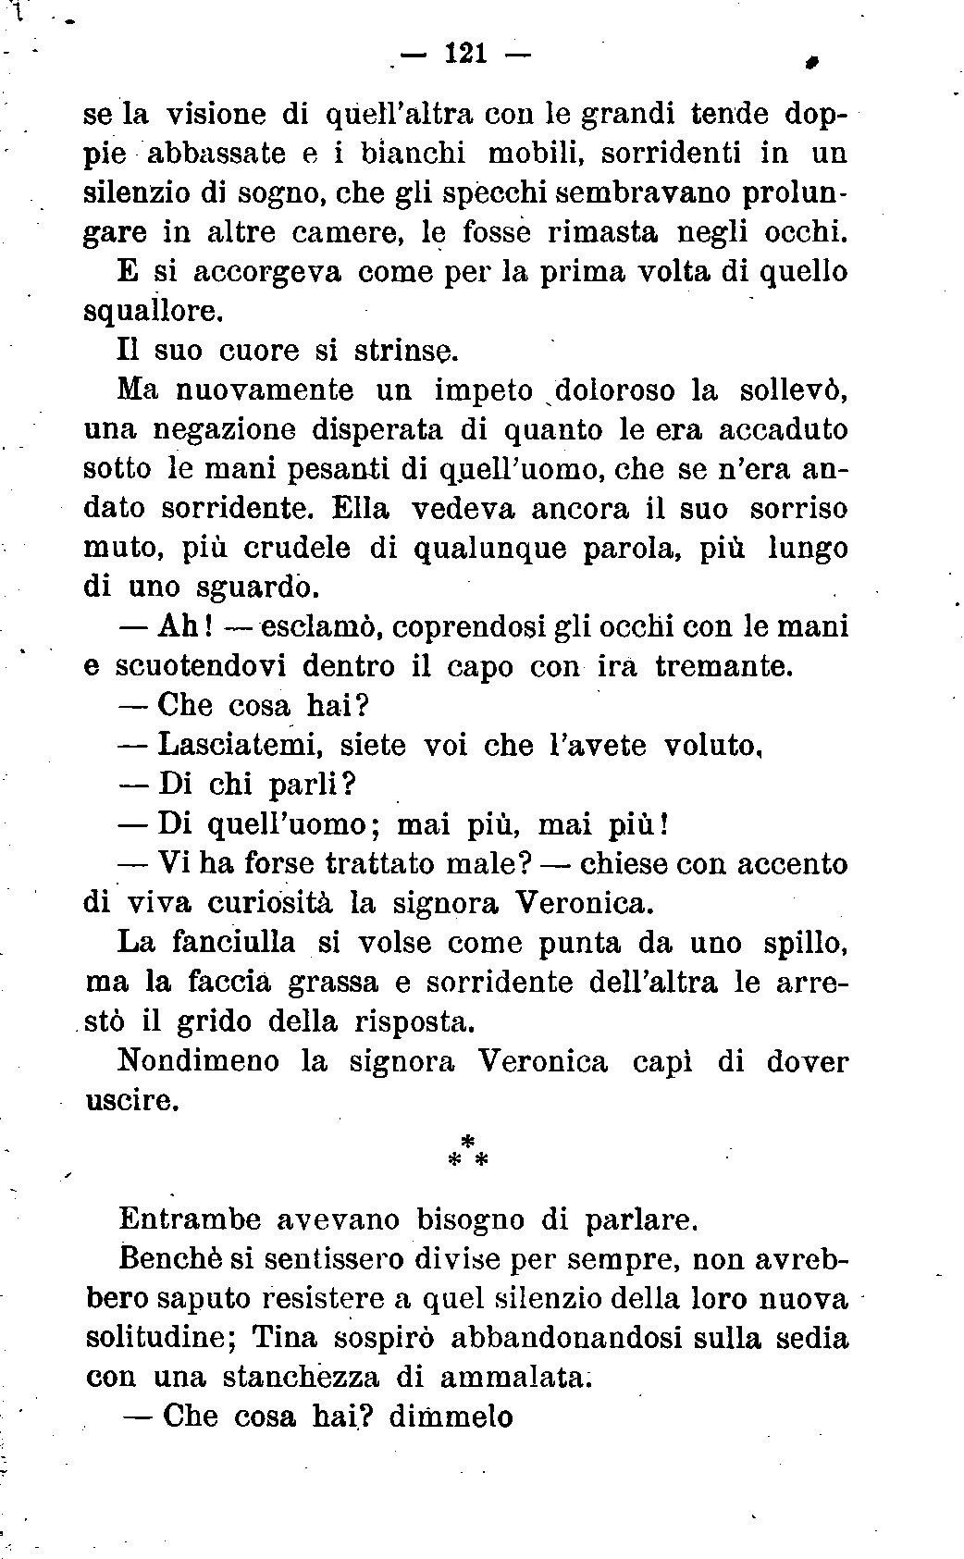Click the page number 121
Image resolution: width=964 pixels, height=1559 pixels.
465,55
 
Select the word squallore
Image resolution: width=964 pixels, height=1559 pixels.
153,311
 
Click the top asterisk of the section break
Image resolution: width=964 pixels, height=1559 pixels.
467,1139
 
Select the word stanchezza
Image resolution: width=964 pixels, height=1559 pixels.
303,1378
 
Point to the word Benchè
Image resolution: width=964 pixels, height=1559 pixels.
165,1259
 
